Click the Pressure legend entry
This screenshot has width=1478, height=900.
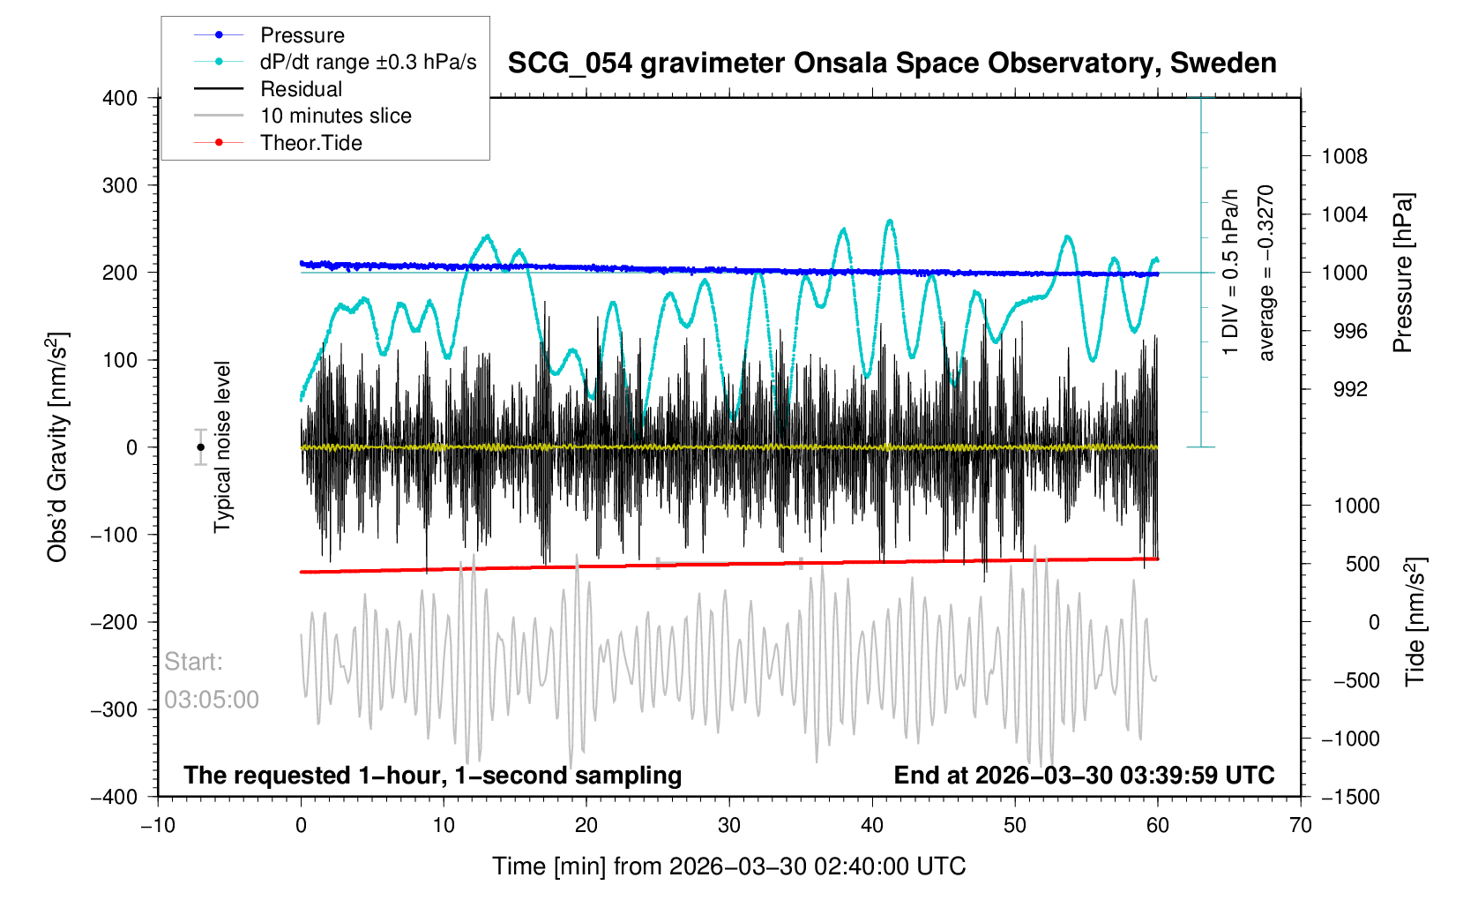point(302,35)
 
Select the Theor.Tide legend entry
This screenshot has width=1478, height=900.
point(310,143)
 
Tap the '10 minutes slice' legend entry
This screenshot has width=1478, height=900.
point(335,116)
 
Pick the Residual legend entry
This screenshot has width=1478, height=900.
point(301,89)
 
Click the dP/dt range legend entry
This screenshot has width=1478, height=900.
point(368,62)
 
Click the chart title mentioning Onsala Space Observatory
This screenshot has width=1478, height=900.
point(892,63)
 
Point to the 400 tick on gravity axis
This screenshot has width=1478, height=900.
point(120,98)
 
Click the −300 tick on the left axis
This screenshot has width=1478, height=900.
point(115,709)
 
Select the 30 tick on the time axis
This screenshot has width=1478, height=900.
point(729,825)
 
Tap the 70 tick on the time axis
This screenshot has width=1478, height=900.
point(1300,825)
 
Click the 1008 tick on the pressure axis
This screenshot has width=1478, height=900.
point(1344,157)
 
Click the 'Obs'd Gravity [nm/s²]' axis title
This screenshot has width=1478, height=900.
point(57,447)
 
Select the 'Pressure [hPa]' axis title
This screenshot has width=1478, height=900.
point(1402,273)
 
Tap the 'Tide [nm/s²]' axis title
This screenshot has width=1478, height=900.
point(1415,622)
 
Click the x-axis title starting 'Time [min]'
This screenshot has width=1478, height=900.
point(728,866)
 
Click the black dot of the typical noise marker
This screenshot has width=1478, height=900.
point(200,447)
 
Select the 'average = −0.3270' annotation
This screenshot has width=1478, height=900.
point(1266,273)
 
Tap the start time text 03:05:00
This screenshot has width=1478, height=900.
point(212,700)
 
